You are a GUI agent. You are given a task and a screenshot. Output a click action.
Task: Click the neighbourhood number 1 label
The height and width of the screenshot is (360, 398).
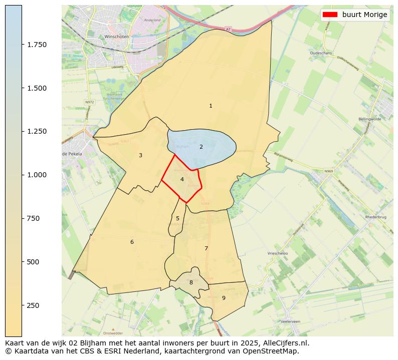click(x=211, y=106)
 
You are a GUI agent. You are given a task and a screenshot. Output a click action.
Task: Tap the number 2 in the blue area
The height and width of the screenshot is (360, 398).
click(x=201, y=147)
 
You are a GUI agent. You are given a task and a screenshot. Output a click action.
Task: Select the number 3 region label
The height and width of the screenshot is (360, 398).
click(x=140, y=155)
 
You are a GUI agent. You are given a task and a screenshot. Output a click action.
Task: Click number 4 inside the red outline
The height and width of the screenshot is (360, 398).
click(x=182, y=179)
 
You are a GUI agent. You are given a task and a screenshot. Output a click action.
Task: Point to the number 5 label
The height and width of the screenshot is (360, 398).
click(x=177, y=218)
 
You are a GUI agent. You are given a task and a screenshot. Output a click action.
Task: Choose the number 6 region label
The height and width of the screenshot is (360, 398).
click(x=132, y=242)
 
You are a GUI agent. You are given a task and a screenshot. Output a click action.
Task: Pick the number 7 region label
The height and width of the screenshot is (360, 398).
click(x=206, y=248)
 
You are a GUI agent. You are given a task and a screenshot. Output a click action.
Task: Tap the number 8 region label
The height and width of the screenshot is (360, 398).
click(x=191, y=282)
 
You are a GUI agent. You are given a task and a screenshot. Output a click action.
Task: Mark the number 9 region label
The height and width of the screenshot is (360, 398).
click(x=224, y=298)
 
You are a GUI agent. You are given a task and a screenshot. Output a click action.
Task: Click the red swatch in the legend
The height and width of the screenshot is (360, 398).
click(x=330, y=15)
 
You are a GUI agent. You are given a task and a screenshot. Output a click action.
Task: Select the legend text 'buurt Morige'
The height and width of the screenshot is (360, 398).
click(x=364, y=15)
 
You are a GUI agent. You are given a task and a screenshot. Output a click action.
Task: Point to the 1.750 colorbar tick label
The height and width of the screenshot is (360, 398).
click(x=37, y=45)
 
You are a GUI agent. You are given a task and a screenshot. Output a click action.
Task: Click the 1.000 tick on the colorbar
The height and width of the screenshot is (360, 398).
click(x=37, y=175)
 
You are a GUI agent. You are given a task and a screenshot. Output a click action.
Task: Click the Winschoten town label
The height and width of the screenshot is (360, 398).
click(x=116, y=37)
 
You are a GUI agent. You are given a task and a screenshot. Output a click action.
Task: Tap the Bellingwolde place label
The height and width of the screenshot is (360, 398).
click(x=370, y=119)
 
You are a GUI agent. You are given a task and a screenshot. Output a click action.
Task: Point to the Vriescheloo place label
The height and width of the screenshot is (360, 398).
click(x=278, y=254)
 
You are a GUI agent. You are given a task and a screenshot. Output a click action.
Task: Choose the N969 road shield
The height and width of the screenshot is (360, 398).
click(x=328, y=171)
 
